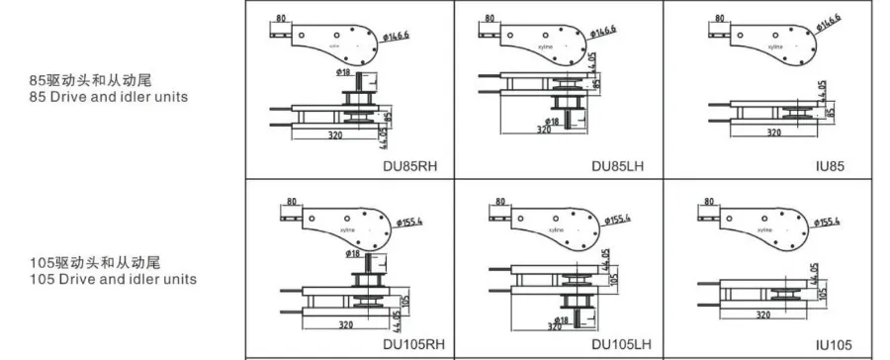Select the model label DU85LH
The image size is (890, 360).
(x=620, y=166)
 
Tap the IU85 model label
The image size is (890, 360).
(x=831, y=166)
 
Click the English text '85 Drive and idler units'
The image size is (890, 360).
(x=108, y=97)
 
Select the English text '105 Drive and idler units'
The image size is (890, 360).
(x=112, y=279)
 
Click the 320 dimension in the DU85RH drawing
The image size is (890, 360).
(x=336, y=134)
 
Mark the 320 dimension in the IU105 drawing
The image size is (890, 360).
(x=763, y=315)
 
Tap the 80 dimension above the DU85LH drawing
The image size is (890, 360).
(x=491, y=19)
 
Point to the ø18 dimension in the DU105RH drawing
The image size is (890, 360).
(x=353, y=253)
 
